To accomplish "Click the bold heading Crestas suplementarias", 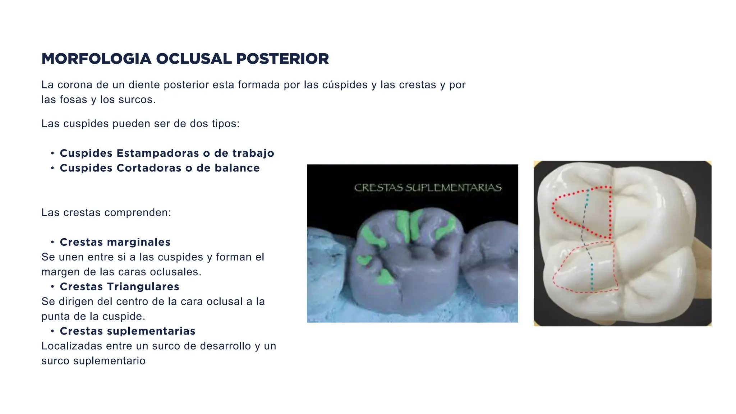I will tap(128, 331).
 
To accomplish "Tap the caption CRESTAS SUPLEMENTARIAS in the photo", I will tap(428, 188).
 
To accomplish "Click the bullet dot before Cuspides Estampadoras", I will tap(52, 153).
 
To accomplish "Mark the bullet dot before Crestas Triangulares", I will tap(52, 287).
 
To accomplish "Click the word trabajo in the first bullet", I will tap(253, 153).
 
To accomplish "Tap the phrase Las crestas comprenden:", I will tap(106, 213).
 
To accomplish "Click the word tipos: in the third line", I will tap(225, 124).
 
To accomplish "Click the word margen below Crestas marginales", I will tap(60, 272).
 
